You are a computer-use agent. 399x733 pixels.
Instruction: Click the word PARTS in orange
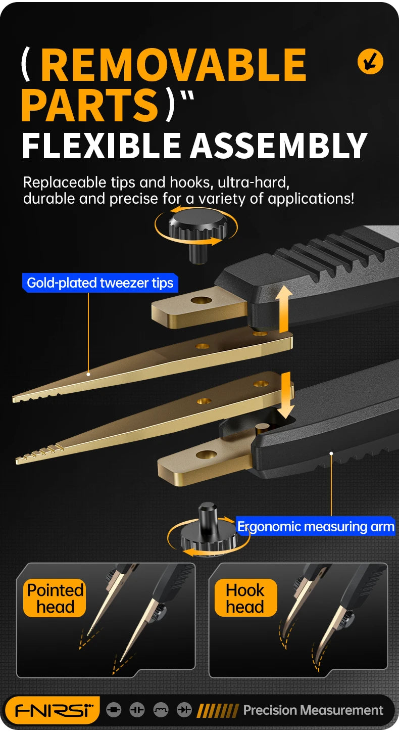89,104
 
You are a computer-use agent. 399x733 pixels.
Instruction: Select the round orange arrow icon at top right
370,62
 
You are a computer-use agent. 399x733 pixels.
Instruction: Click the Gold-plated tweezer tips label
100,283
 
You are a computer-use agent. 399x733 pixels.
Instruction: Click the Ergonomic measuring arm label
316,527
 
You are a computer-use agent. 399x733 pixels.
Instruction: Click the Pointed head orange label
55,598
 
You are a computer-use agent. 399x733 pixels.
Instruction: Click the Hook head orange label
245,598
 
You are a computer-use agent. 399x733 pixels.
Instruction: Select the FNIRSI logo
52,710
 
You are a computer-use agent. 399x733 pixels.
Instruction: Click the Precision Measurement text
313,710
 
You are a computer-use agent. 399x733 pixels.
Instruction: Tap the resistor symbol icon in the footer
114,710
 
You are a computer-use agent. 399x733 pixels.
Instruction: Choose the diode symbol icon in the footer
184,710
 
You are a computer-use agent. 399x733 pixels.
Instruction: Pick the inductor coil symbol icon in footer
161,710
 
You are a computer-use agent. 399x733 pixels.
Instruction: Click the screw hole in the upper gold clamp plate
201,300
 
